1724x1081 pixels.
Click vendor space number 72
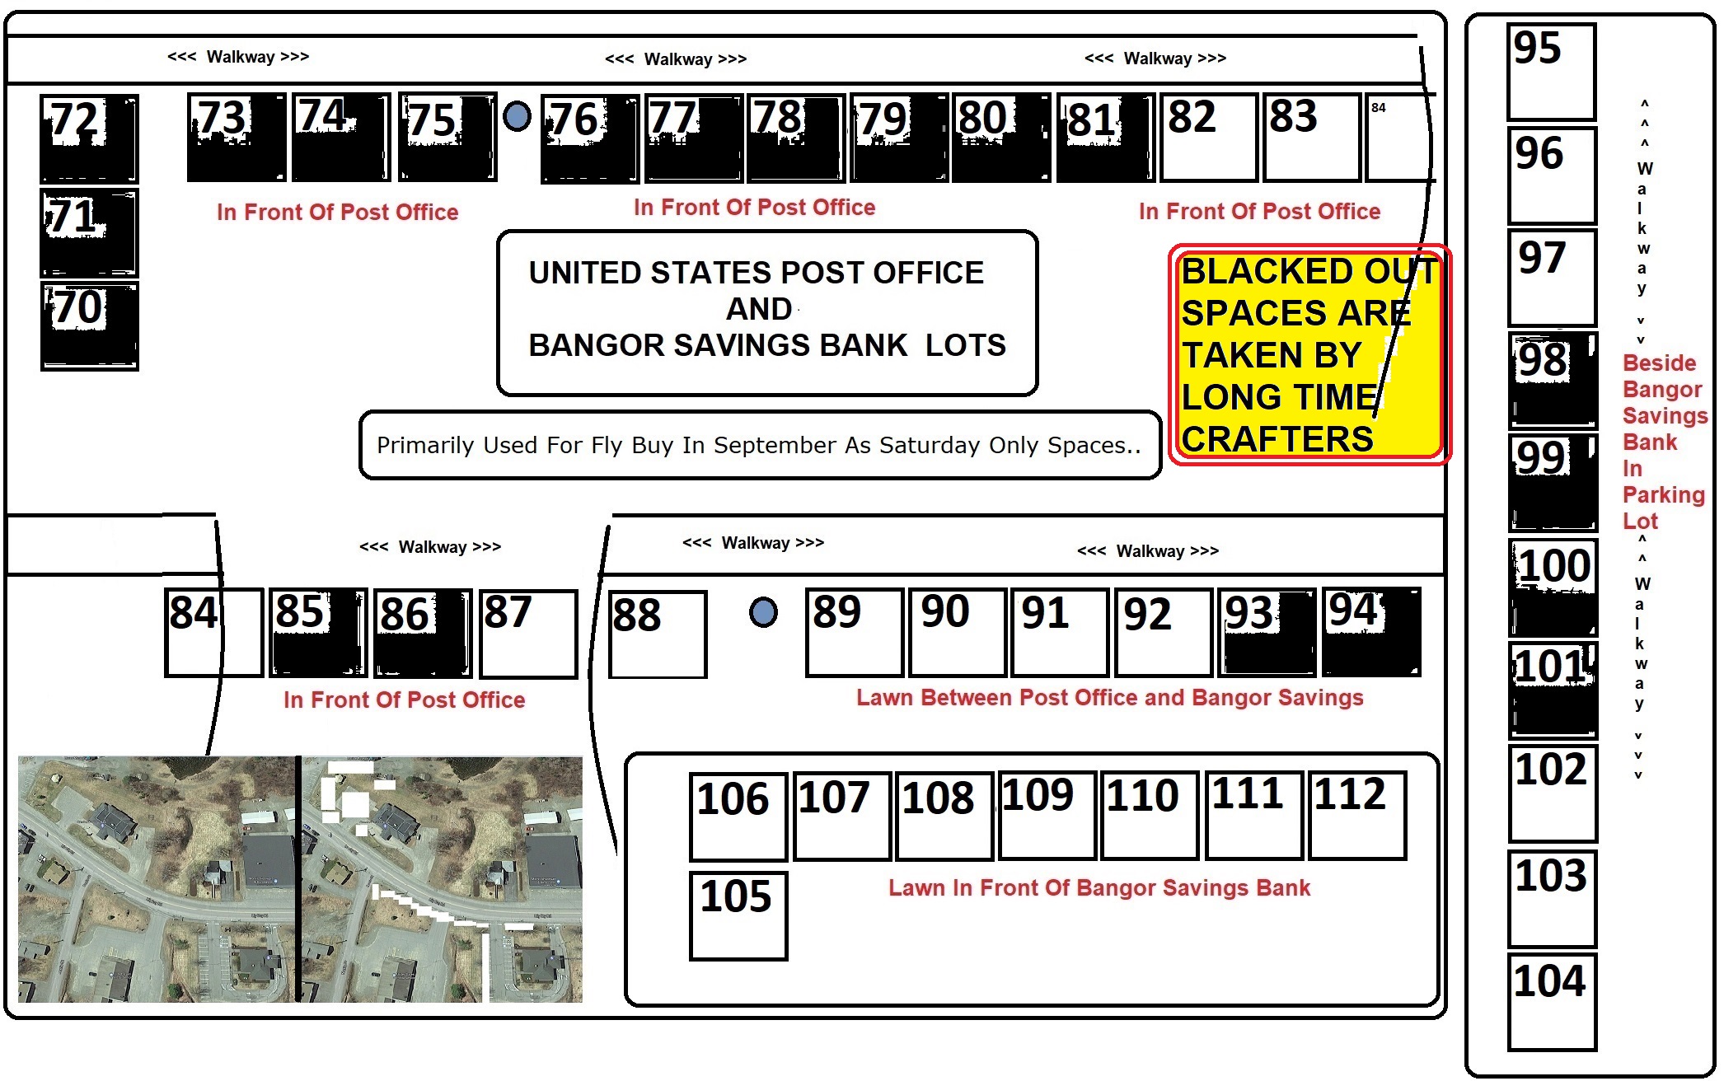[x=90, y=138]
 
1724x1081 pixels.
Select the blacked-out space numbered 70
[x=90, y=326]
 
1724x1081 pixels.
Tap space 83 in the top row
[x=1312, y=138]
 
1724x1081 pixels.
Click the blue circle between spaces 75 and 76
[x=517, y=116]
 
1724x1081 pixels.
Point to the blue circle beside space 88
[x=763, y=612]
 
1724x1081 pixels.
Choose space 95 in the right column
[x=1552, y=72]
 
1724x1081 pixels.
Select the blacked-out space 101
[x=1553, y=690]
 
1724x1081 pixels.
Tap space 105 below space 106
[x=738, y=916]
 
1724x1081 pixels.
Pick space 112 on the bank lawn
[x=1357, y=816]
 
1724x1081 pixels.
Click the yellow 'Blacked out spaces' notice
[x=1310, y=354]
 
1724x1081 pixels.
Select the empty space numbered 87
[x=528, y=634]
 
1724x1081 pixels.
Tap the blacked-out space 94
[x=1372, y=632]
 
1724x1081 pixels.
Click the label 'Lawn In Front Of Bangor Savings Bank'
[x=1099, y=888]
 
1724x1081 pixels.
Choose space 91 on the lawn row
[x=1060, y=633]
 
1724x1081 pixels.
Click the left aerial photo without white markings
[x=157, y=879]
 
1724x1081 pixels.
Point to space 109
[x=1047, y=815]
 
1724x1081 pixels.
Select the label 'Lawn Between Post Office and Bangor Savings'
[x=1110, y=698]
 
